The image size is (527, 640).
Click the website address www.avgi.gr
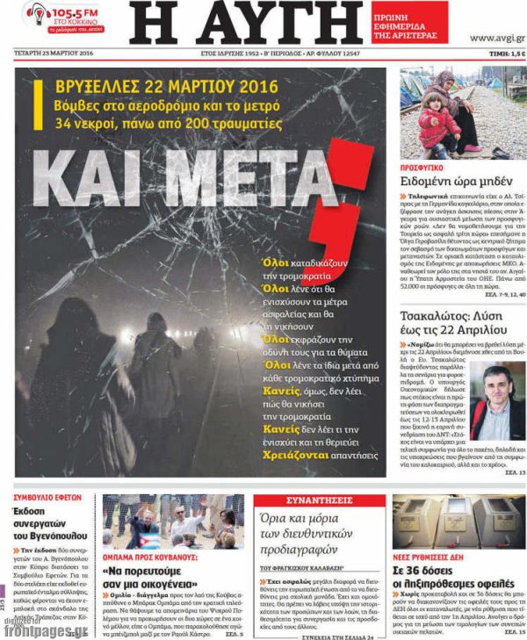(496, 38)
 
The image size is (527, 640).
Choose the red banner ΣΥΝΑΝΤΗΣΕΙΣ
(319, 500)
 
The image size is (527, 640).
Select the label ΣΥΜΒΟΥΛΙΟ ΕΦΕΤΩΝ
(48, 497)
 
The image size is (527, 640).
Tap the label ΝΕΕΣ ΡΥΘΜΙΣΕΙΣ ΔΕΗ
(430, 557)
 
